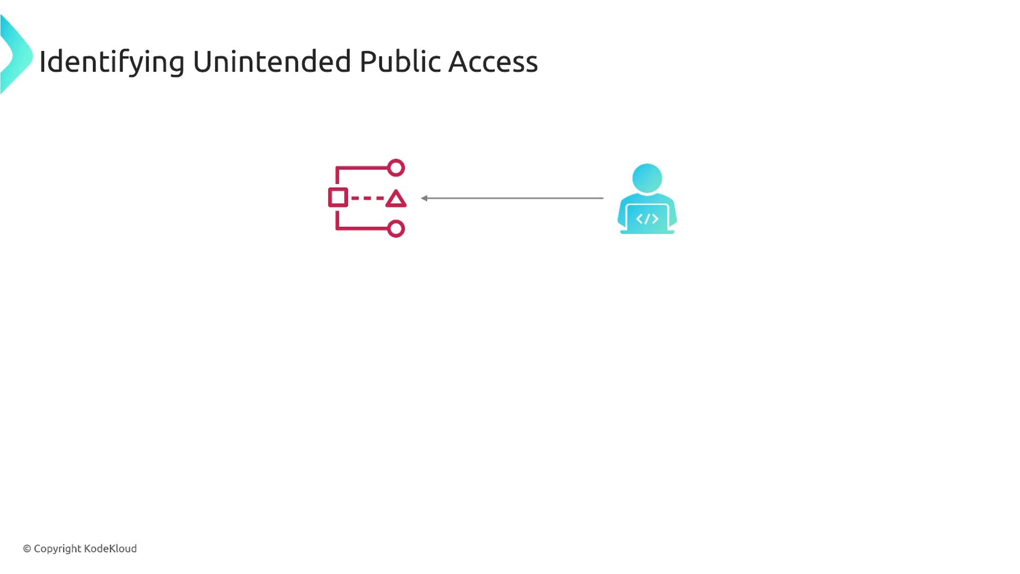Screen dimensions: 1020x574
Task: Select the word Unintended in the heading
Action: click(271, 61)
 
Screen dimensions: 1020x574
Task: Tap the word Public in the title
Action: click(401, 61)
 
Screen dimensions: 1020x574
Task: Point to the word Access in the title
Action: click(494, 62)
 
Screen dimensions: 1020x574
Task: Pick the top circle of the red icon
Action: click(396, 168)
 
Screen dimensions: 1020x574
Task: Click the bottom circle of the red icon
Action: click(396, 229)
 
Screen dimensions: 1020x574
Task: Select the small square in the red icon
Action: click(338, 198)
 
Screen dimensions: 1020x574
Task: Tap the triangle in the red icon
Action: click(396, 199)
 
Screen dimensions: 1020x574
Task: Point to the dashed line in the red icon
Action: click(367, 198)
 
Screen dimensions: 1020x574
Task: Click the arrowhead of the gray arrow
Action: click(424, 198)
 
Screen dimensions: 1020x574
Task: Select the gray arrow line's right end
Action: click(603, 198)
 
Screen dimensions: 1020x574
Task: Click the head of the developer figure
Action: click(647, 178)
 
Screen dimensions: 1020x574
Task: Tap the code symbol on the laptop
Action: click(647, 219)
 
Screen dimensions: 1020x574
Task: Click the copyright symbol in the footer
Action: click(27, 548)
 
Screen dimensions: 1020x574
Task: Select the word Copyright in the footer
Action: click(57, 549)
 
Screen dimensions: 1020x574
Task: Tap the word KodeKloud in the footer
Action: click(110, 548)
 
